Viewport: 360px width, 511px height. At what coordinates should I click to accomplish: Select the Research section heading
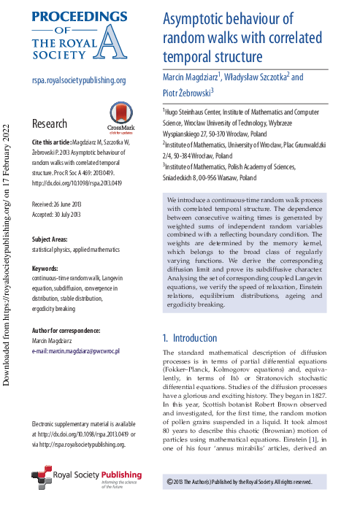[x=50, y=124]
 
